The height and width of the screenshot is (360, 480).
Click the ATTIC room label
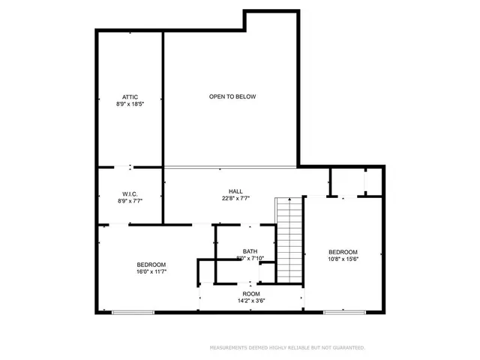(129, 97)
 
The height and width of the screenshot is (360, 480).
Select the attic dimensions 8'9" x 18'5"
(129, 105)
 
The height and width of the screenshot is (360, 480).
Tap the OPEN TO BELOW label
(232, 97)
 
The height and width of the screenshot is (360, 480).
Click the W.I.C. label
(129, 194)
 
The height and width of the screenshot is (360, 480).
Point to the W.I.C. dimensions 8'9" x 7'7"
(129, 202)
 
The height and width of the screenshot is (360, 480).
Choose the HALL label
(235, 191)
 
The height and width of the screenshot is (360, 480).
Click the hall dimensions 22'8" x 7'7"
(235, 199)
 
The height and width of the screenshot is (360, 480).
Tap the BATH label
(250, 251)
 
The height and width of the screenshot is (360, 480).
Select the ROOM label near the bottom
(250, 293)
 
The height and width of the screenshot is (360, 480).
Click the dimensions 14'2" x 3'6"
(250, 301)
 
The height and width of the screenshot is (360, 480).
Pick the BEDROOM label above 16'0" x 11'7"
(151, 265)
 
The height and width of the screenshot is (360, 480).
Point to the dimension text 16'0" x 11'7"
(151, 272)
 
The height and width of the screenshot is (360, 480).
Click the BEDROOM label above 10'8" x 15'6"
(343, 252)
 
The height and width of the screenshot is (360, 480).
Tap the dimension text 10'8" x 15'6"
(343, 259)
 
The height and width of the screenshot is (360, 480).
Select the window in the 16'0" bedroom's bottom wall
(133, 311)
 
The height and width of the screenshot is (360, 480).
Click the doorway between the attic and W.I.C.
(130, 166)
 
